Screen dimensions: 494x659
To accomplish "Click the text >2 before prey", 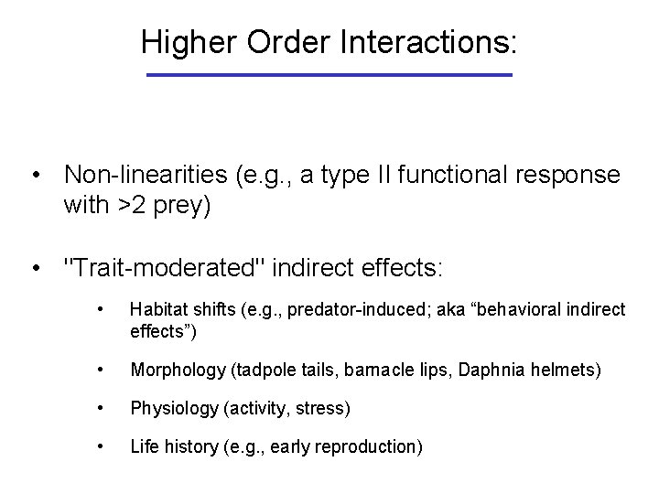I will click(128, 208).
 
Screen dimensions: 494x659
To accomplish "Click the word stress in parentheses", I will click(321, 408).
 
